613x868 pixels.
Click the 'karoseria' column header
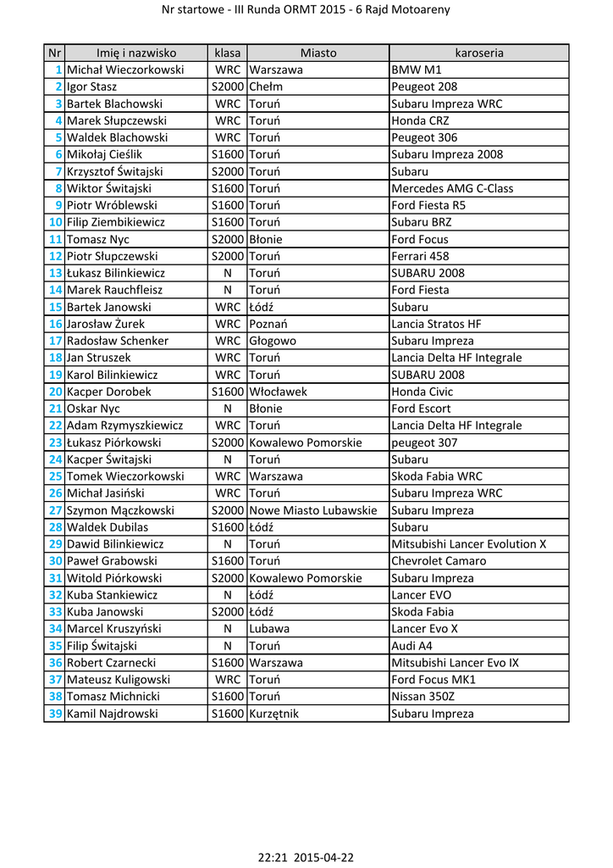coord(478,53)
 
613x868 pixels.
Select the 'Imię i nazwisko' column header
coord(135,53)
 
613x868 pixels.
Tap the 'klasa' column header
coord(227,53)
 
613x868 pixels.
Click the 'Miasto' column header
coord(318,53)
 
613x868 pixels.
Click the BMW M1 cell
coord(417,70)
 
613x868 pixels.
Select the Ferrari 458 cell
coord(420,256)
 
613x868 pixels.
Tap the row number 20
coord(55,392)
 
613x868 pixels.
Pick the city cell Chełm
coord(266,86)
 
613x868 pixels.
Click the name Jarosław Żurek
coord(106,324)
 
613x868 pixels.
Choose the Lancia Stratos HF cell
coord(436,324)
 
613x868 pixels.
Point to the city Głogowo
coord(273,341)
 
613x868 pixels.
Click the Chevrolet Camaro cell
coord(439,561)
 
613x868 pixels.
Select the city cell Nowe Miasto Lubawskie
coord(313,510)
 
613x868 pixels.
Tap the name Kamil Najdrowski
coord(113,714)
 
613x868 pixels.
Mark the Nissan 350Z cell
coord(423,697)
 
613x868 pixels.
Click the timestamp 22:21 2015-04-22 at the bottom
coord(306,857)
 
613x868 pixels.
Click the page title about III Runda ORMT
coord(306,10)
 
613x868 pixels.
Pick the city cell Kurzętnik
coord(274,714)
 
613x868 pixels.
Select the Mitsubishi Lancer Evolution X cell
coord(469,544)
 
